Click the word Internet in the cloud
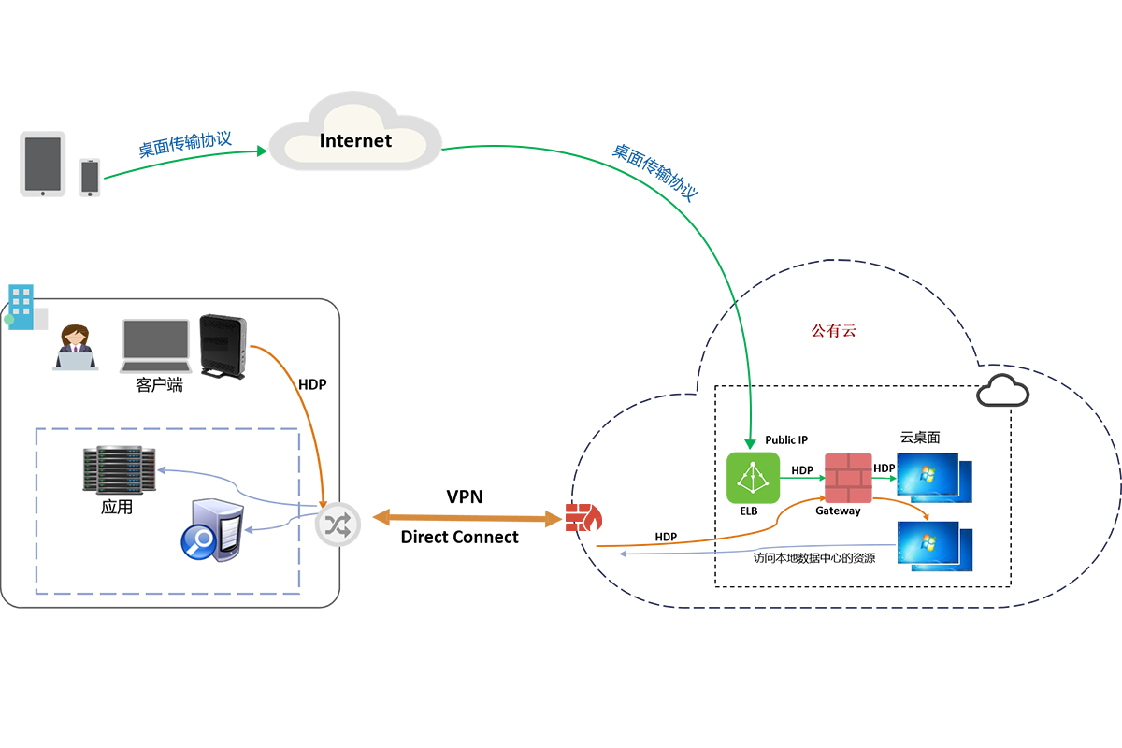point(355,141)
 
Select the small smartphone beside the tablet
point(90,177)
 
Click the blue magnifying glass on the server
point(199,542)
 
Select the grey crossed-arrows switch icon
point(334,525)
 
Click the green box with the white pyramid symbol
point(750,478)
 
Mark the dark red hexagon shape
point(836,326)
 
